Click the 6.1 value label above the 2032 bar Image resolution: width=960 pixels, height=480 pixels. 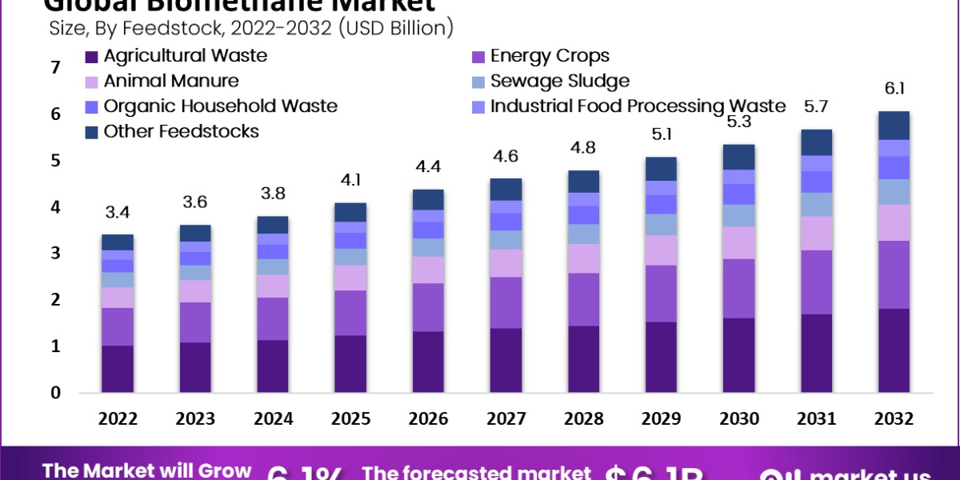coord(894,89)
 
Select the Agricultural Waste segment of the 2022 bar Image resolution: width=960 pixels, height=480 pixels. coord(118,369)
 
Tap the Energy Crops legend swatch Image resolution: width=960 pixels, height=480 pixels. coord(478,57)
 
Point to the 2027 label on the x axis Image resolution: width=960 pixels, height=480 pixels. coord(506,419)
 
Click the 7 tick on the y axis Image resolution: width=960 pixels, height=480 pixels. coord(55,68)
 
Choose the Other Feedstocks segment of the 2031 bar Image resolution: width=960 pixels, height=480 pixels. coord(816,142)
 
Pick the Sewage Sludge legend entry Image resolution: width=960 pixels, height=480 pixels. coord(559,81)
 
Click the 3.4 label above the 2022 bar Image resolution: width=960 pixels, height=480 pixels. coord(118,213)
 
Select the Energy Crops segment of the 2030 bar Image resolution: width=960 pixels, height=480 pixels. coord(738,288)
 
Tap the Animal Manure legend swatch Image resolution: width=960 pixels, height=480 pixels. coord(92,82)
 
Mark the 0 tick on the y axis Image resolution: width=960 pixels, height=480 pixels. coord(55,393)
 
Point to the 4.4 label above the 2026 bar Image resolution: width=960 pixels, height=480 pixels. coord(428,168)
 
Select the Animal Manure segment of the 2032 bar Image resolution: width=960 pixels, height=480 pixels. coord(894,222)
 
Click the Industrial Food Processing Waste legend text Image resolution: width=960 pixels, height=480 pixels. coord(638,106)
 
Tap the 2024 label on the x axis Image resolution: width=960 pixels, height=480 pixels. coord(273,419)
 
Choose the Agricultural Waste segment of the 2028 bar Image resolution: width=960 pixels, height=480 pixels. coord(583,359)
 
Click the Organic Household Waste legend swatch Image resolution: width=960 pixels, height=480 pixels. coord(92,106)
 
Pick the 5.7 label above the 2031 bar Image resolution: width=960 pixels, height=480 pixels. coord(816,108)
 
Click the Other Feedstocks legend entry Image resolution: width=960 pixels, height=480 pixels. coord(181,131)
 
